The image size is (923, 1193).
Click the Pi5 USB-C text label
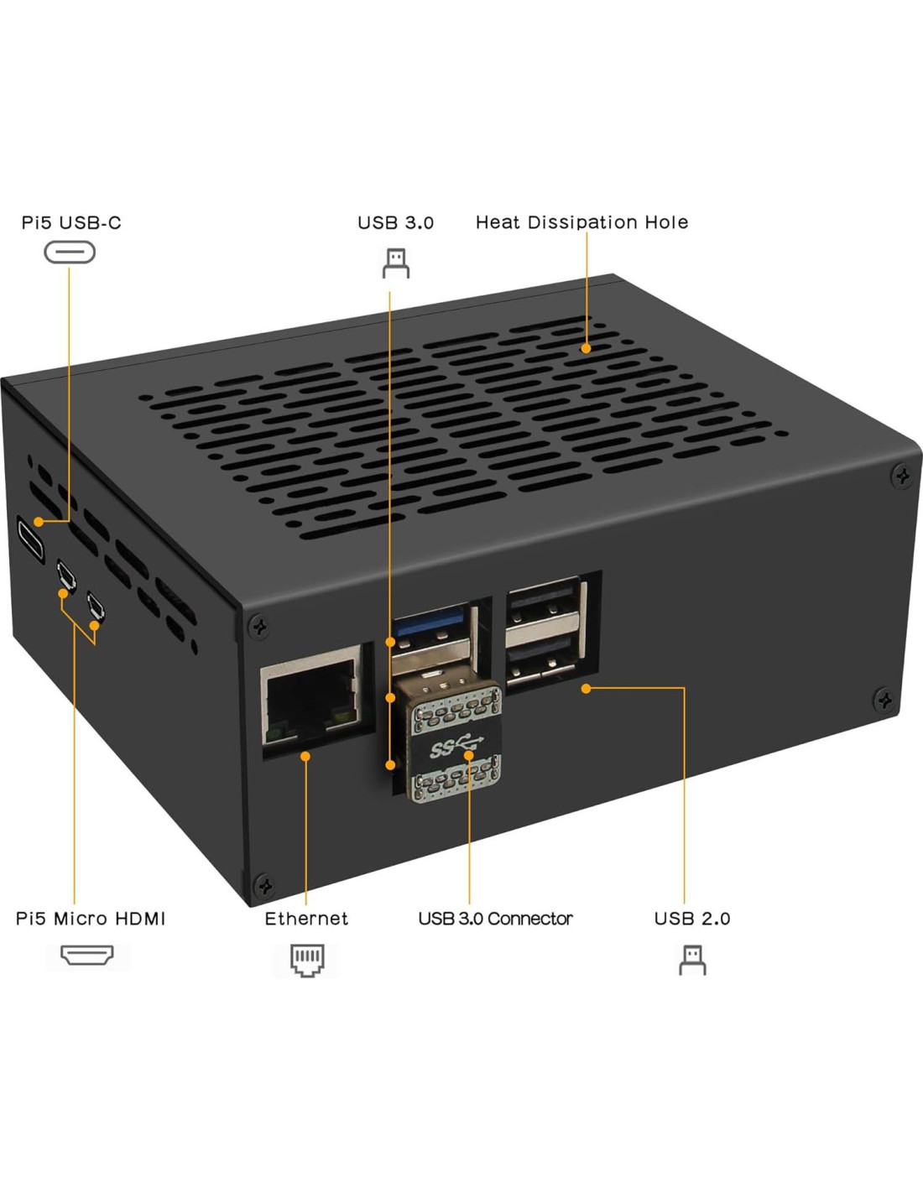click(x=71, y=222)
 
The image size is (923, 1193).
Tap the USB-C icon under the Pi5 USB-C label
click(x=70, y=252)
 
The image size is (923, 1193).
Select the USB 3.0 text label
click(x=395, y=222)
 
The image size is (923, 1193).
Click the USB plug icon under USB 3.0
click(x=396, y=263)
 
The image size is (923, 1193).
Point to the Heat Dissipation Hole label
click(x=581, y=222)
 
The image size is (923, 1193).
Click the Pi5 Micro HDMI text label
click(x=91, y=919)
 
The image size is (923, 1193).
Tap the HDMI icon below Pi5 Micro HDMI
click(x=87, y=956)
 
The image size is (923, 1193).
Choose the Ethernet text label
click(x=306, y=919)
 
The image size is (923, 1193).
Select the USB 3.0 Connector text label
click(x=495, y=919)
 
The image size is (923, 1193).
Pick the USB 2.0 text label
click(x=692, y=919)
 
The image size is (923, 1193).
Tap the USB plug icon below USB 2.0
click(x=692, y=960)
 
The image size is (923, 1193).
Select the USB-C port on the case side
click(x=30, y=539)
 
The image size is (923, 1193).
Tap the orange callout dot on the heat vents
click(x=586, y=348)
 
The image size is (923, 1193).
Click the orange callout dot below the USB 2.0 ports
click(x=586, y=688)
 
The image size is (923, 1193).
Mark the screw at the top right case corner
click(x=902, y=477)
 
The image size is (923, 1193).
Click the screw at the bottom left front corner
click(x=264, y=884)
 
